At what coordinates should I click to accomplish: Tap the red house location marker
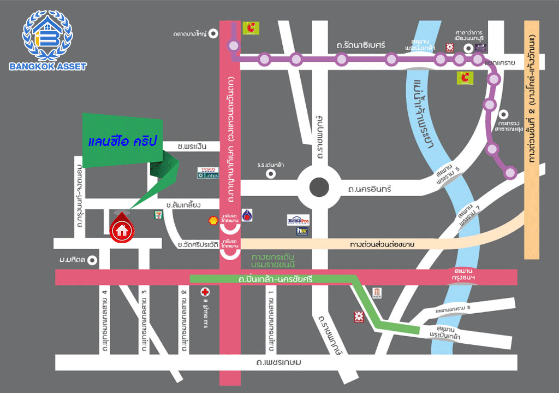[x=121, y=230]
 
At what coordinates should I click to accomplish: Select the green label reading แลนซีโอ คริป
[x=122, y=141]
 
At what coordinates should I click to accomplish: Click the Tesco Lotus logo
[x=207, y=173]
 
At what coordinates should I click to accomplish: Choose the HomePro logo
[x=299, y=220]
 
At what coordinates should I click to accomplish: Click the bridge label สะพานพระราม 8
[x=453, y=310]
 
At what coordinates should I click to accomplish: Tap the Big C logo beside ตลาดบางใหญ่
[x=251, y=28]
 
